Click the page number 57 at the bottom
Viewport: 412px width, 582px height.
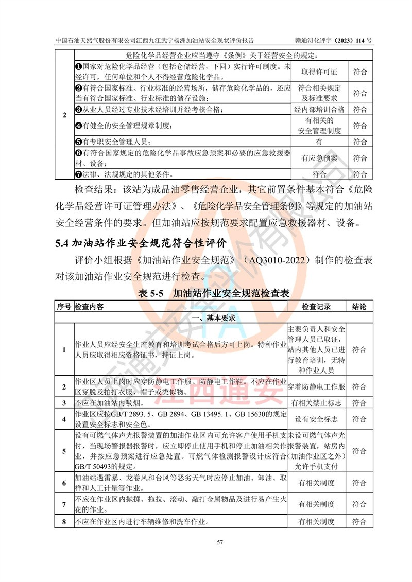point(205,542)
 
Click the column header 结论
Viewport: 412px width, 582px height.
point(359,307)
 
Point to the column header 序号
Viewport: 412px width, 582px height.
point(64,307)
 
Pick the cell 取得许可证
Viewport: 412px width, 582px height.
point(319,72)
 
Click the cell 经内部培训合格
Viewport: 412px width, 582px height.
point(319,109)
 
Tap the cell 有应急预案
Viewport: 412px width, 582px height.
point(319,158)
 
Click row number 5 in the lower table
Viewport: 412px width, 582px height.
point(64,451)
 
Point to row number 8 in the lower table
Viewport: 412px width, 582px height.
point(64,522)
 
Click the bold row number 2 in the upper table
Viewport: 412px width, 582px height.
point(64,115)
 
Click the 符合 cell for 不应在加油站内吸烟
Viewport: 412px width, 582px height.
point(359,403)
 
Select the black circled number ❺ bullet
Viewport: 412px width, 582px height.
point(79,142)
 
